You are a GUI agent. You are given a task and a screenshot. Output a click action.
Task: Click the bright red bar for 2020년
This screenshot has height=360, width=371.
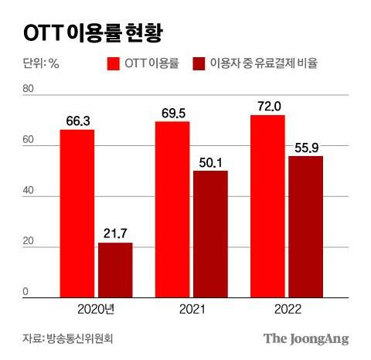click(77, 213)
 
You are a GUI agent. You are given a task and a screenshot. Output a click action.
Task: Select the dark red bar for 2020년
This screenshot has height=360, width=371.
click(115, 270)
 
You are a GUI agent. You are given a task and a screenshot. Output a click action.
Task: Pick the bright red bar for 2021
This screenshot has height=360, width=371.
click(172, 209)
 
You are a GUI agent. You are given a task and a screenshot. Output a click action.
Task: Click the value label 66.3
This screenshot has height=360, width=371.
click(77, 120)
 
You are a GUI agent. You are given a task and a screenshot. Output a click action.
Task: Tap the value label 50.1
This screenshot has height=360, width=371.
click(210, 161)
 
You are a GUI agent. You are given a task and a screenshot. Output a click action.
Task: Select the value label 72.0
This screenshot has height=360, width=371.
click(267, 105)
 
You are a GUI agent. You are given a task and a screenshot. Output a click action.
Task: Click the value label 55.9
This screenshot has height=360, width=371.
click(305, 146)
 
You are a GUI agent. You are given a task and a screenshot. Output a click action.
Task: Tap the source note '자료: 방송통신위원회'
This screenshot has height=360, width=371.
click(73, 338)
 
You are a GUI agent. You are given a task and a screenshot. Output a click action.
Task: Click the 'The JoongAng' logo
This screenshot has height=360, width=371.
click(306, 338)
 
